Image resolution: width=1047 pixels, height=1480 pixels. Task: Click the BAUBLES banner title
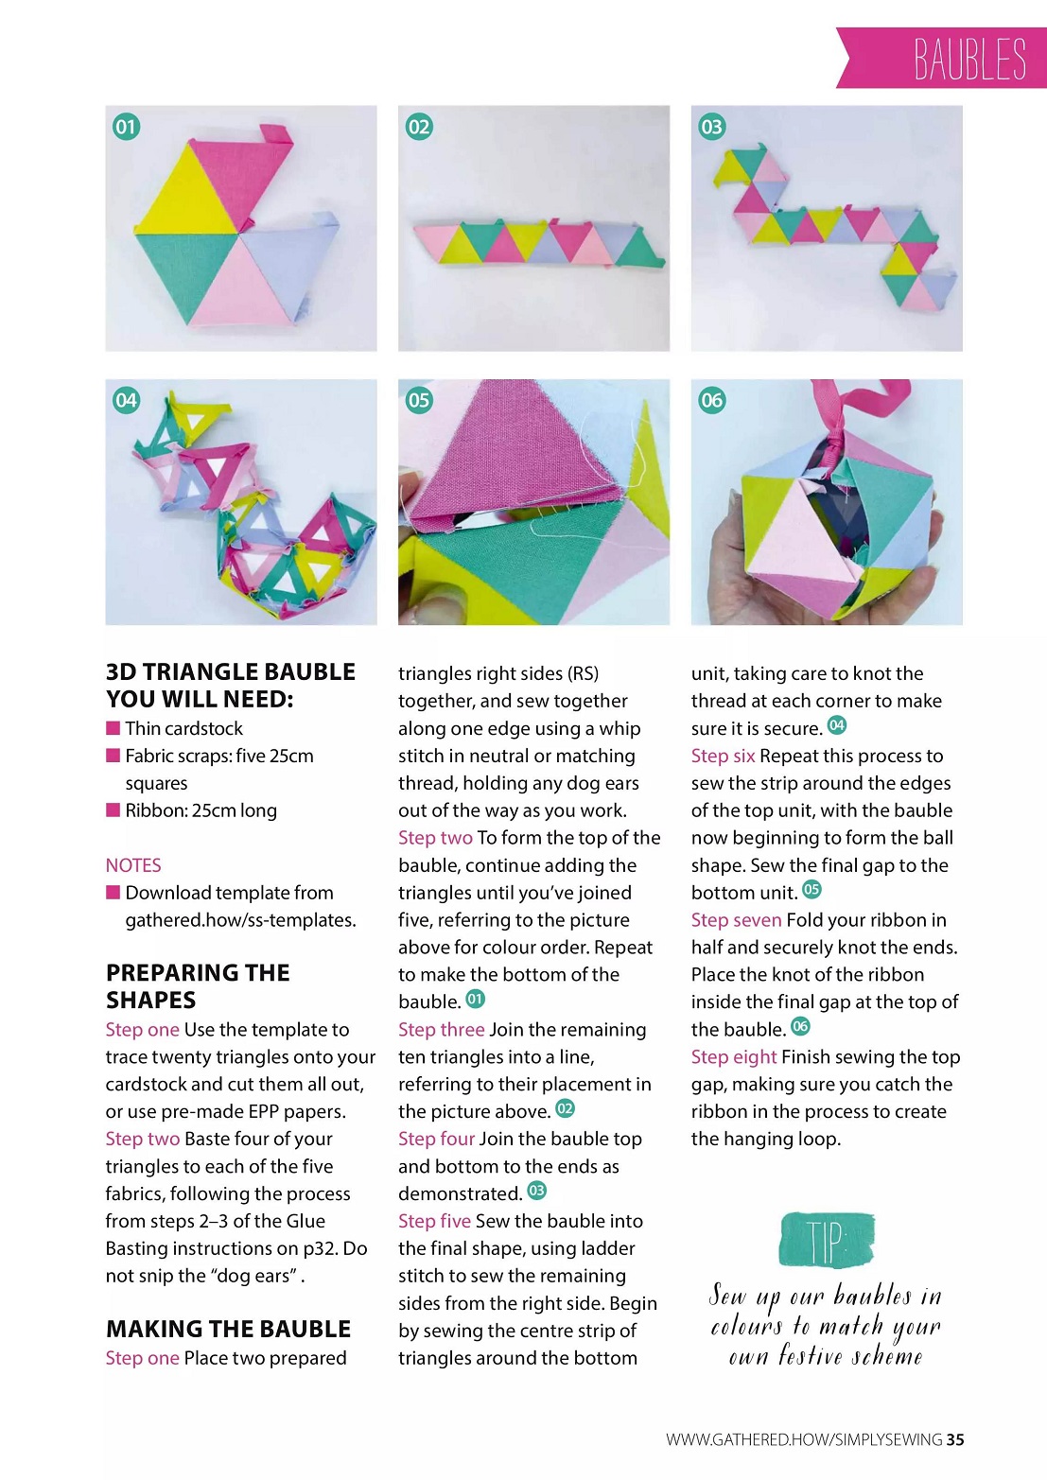[x=969, y=59]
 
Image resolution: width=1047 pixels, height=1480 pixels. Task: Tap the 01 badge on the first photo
[x=126, y=127]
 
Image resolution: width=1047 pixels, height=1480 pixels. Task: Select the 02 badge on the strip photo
[x=419, y=127]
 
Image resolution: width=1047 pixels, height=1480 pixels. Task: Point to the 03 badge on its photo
[x=712, y=127]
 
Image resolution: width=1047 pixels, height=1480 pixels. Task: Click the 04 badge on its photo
[x=126, y=400]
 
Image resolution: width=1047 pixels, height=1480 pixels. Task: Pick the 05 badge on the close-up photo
[x=419, y=400]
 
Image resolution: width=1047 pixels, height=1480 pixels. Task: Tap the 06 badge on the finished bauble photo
[x=712, y=400]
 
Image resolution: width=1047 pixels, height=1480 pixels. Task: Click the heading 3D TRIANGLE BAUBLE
[x=231, y=671]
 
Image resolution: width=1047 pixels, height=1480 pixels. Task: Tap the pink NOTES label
[x=132, y=865]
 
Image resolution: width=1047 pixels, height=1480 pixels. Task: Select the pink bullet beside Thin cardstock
[x=113, y=727]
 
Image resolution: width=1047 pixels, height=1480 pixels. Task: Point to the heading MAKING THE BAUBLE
[x=228, y=1329]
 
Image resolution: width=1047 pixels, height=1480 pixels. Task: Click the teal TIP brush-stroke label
[x=827, y=1240]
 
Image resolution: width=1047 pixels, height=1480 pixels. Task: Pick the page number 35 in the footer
[x=955, y=1439]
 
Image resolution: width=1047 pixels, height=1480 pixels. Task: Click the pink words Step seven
[x=737, y=920]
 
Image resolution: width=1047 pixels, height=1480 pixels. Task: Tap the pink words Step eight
[x=734, y=1057]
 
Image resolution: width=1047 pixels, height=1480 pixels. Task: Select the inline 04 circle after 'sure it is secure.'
[x=837, y=725]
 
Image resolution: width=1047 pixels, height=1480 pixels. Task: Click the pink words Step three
[x=442, y=1030]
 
